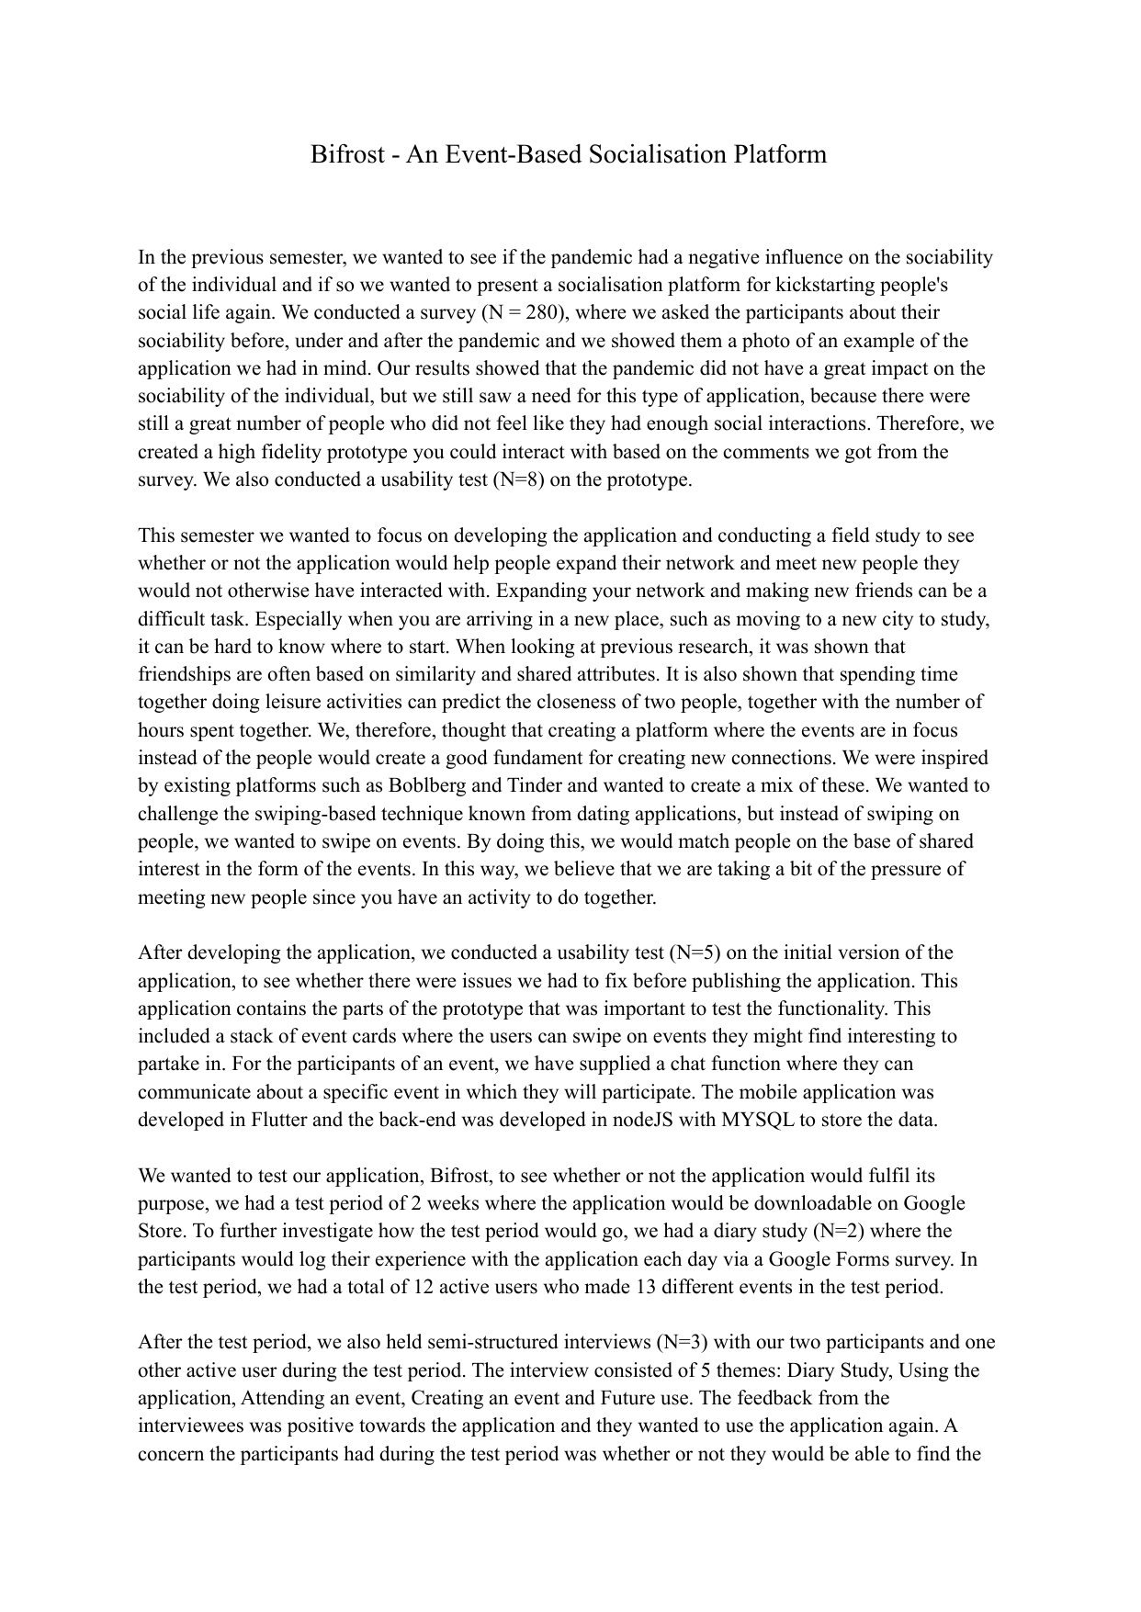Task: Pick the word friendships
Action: click(x=183, y=674)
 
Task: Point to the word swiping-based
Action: click(x=358, y=813)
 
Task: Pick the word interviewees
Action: click(x=190, y=1426)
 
